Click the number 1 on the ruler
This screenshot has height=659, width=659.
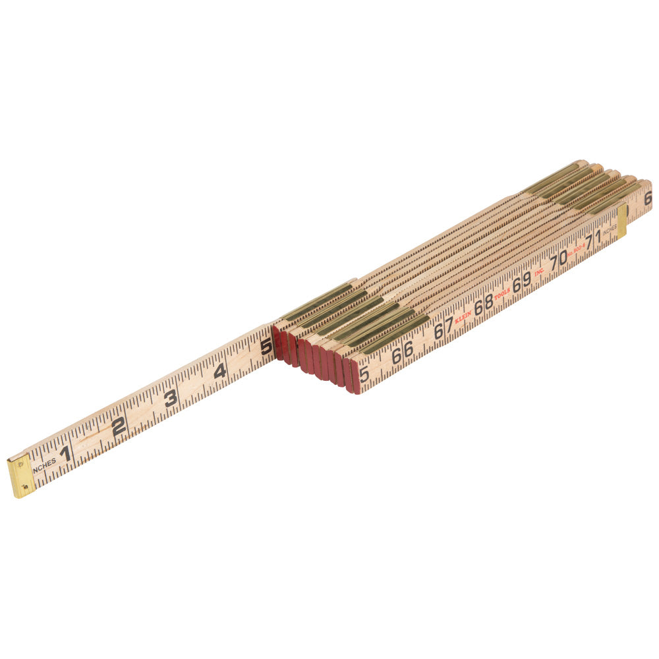click(x=65, y=453)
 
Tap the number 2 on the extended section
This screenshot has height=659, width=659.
click(x=119, y=426)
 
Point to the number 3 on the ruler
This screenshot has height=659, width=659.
click(x=171, y=398)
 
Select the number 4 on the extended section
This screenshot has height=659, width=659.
click(x=220, y=371)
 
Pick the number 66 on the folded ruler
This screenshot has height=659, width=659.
click(x=402, y=353)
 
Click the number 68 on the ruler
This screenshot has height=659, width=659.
click(x=483, y=303)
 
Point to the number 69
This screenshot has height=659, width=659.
click(x=521, y=281)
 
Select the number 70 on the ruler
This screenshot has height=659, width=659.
click(x=558, y=259)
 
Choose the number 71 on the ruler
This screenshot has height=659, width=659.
click(x=593, y=239)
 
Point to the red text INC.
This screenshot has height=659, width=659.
click(x=538, y=270)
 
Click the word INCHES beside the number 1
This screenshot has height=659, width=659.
click(x=44, y=465)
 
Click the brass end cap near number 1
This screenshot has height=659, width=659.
click(x=21, y=476)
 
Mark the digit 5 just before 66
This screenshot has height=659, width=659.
click(x=364, y=374)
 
